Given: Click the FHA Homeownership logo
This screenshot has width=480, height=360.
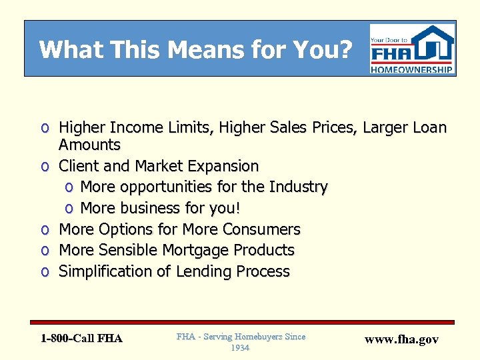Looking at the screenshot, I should [x=413, y=49].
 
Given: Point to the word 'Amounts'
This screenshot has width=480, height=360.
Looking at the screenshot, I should [x=89, y=145].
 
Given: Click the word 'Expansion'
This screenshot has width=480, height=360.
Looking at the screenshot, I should [x=225, y=166].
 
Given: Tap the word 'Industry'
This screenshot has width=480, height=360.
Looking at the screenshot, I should [x=298, y=187].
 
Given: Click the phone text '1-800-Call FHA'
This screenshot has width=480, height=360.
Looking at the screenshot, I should [x=81, y=339].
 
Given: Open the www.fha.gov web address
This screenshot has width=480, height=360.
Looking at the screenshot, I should [x=401, y=339].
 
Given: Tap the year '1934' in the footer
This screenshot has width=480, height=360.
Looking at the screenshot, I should [x=240, y=348].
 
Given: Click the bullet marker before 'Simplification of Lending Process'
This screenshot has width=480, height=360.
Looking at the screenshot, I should [x=45, y=272].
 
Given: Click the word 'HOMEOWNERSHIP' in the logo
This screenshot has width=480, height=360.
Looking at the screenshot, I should [x=413, y=69].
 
